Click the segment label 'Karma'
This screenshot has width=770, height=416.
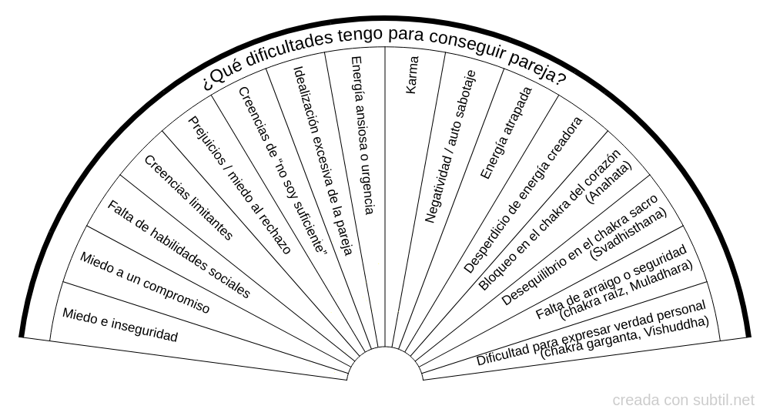tap(412, 75)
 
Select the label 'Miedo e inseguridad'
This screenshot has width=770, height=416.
tap(120, 325)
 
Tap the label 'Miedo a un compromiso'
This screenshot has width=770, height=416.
tap(145, 283)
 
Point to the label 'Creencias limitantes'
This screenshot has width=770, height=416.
tap(188, 197)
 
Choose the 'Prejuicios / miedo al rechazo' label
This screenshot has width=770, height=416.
tap(239, 185)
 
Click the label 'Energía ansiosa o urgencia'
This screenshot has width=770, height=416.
tap(362, 135)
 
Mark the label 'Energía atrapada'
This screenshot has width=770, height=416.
tap(506, 133)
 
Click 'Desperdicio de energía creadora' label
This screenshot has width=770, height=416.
tap(524, 194)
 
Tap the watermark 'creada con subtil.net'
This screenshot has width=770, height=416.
tap(684, 401)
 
